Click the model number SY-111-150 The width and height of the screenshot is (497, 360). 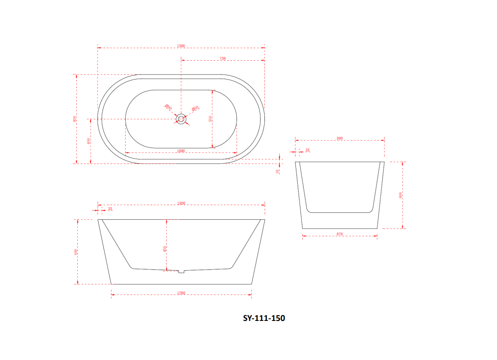[x=264, y=318]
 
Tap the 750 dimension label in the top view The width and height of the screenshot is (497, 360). [x=223, y=58]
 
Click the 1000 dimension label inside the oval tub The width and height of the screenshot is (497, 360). [x=181, y=151]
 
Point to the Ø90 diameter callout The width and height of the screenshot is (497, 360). [x=168, y=108]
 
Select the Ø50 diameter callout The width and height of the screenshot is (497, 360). [x=195, y=108]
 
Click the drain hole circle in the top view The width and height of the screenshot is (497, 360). [x=181, y=119]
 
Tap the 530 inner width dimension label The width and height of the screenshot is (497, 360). [x=210, y=119]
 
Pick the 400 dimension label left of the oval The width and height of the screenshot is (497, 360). [x=89, y=141]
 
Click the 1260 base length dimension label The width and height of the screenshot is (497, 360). [x=181, y=293]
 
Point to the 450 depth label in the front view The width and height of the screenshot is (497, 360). [x=164, y=249]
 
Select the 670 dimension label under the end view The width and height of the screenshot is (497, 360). [x=340, y=234]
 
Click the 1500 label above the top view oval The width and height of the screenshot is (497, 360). [x=181, y=46]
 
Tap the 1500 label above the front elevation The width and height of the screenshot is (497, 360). [x=181, y=203]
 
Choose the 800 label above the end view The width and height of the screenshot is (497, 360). [x=340, y=138]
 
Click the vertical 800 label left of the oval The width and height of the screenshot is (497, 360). [x=75, y=119]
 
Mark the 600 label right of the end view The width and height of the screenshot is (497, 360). [x=400, y=194]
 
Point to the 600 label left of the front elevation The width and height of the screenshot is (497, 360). [x=75, y=251]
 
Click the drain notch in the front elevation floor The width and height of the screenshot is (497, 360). [x=181, y=271]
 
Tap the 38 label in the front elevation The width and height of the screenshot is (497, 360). [x=110, y=209]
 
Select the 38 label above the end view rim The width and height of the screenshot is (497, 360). [x=307, y=150]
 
